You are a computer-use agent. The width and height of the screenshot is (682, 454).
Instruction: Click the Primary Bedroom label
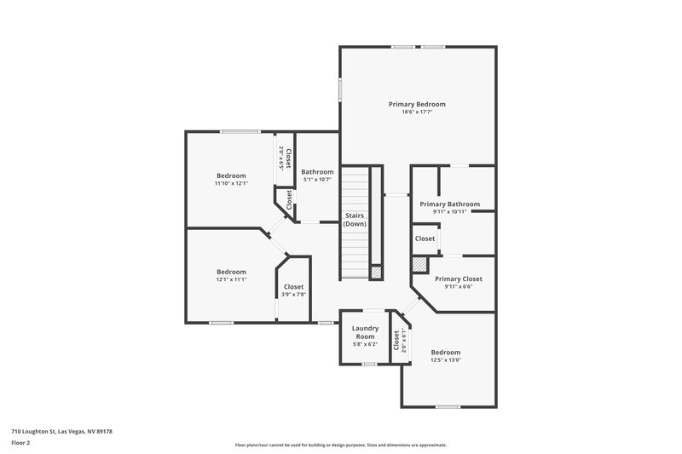click(x=417, y=104)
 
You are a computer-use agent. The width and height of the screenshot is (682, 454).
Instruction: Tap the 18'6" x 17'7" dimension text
click(x=417, y=112)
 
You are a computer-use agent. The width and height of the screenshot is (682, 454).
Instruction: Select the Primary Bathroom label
click(x=449, y=204)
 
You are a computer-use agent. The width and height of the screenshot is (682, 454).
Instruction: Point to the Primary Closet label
click(x=459, y=279)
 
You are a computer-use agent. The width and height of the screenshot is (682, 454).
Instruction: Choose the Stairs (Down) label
click(x=355, y=220)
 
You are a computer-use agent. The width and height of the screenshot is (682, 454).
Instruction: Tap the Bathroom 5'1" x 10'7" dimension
click(x=317, y=180)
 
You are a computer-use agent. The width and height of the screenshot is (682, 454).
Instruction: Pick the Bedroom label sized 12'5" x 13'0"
click(x=445, y=352)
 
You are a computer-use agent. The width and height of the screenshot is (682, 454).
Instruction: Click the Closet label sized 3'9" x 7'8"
click(x=293, y=287)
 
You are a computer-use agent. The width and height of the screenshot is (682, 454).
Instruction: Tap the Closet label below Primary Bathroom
click(x=425, y=238)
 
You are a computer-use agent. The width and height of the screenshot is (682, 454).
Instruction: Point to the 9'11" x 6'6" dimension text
click(x=458, y=286)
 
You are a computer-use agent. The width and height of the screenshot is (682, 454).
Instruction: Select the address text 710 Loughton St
click(x=61, y=431)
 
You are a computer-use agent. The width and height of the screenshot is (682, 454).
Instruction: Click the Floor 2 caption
click(x=20, y=443)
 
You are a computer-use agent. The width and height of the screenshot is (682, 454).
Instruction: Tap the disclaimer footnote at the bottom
click(x=340, y=445)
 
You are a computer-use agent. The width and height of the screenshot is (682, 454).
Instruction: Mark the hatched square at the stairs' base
click(x=376, y=273)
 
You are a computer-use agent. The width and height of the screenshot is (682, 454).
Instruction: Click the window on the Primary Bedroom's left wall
click(x=340, y=89)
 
